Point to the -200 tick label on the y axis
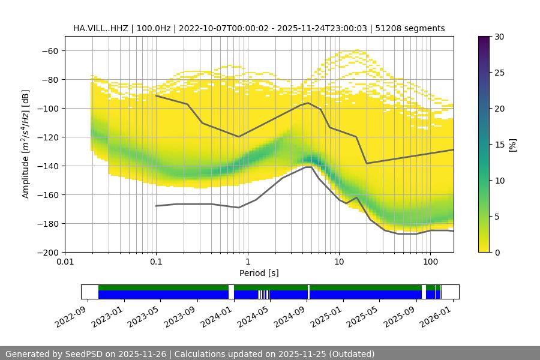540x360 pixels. pyautogui.click(x=48, y=253)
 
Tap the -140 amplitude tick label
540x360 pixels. pyautogui.click(x=48, y=166)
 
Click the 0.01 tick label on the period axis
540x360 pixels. pyautogui.click(x=65, y=262)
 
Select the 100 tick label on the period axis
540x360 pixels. pyautogui.click(x=430, y=262)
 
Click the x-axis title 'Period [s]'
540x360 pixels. pyautogui.click(x=259, y=273)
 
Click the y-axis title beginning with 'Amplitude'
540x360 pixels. pyautogui.click(x=26, y=144)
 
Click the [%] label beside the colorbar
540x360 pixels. pyautogui.click(x=512, y=144)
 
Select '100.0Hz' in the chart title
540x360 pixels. pyautogui.click(x=154, y=28)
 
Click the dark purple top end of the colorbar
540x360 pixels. pyautogui.click(x=485, y=40)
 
